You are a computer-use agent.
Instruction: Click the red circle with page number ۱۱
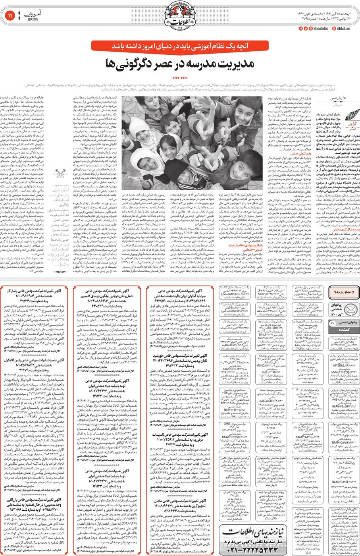click(10, 16)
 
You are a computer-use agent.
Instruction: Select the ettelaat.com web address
click(343, 29)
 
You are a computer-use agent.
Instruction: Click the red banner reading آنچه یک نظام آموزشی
click(180, 46)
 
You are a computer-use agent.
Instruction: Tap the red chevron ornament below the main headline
click(180, 78)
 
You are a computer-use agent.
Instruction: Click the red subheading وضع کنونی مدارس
click(300, 153)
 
